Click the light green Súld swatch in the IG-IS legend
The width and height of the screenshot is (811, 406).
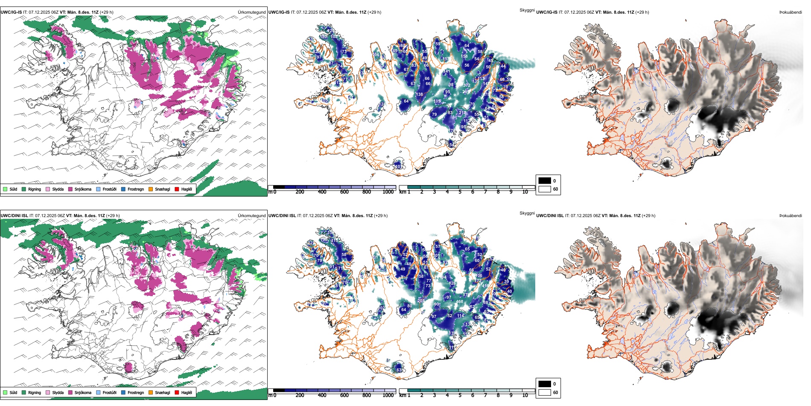click(x=5, y=189)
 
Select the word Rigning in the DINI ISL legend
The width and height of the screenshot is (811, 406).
click(x=35, y=392)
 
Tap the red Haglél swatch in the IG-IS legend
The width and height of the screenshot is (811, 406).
click(x=177, y=189)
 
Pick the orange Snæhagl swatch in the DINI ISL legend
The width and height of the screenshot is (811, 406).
click(x=151, y=392)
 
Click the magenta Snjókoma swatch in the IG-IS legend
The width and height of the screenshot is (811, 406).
click(x=70, y=189)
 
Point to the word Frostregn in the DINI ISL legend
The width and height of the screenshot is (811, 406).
click(x=136, y=392)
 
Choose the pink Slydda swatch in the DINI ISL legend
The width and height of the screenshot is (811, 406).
click(x=48, y=392)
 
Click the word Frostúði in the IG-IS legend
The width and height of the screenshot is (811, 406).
click(x=109, y=189)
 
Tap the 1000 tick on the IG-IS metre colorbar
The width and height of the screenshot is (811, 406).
click(x=388, y=192)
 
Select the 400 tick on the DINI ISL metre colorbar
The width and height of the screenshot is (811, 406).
click(x=322, y=395)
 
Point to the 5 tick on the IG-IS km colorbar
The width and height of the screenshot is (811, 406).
click(x=460, y=192)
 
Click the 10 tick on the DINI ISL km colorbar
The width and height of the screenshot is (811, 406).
click(x=525, y=395)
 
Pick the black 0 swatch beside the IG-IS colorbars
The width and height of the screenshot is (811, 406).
click(x=545, y=181)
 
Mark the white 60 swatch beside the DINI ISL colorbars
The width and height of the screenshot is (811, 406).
click(x=545, y=392)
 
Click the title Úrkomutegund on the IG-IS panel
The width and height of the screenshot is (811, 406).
click(x=251, y=12)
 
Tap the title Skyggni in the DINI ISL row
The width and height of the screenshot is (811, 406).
click(x=527, y=213)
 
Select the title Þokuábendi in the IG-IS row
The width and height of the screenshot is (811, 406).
click(x=791, y=12)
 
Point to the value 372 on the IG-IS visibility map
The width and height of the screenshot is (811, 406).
click(x=467, y=85)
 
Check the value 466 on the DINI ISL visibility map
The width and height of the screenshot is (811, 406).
click(x=460, y=302)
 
